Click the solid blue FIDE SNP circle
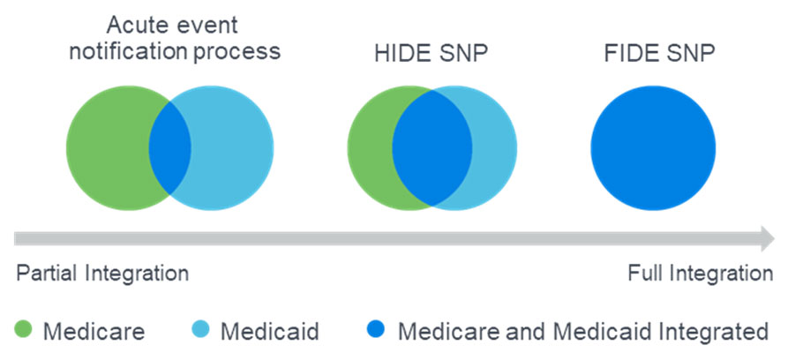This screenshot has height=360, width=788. [653, 148]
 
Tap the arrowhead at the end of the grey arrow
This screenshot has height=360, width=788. [768, 238]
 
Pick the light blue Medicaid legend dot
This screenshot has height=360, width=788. [200, 329]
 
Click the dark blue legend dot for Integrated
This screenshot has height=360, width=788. [375, 329]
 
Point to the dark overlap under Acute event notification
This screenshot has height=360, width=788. [169, 148]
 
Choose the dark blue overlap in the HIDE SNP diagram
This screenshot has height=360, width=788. [432, 148]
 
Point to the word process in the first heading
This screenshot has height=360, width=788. [236, 53]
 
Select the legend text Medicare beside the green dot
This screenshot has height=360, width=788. [94, 332]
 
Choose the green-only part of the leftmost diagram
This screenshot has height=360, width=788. [107, 148]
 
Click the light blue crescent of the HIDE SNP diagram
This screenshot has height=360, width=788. [495, 148]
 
